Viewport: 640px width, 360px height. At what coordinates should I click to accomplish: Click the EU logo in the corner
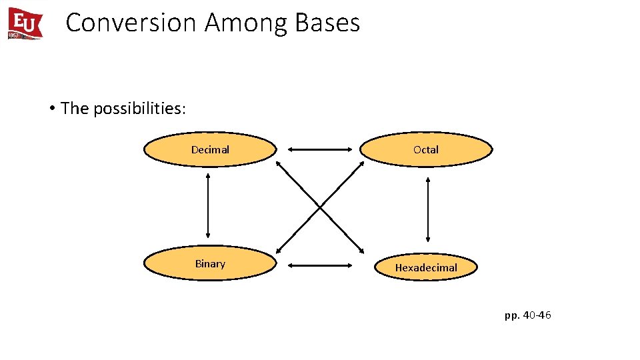(x=25, y=23)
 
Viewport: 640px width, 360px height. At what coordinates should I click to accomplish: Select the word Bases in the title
(x=327, y=23)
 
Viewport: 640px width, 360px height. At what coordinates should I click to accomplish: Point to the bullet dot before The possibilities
(x=51, y=108)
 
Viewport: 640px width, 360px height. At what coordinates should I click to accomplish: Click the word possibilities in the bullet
(x=138, y=109)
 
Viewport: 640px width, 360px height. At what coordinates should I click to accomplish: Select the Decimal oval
(x=210, y=149)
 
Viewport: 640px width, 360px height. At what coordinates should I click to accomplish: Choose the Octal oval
(x=426, y=149)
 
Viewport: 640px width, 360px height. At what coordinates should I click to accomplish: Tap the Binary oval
(x=210, y=264)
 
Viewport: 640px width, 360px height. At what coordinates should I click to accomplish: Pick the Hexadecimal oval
(x=426, y=267)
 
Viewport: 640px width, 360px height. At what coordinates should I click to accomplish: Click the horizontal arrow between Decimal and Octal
(x=319, y=150)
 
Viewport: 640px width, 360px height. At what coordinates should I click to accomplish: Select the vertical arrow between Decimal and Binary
(x=209, y=205)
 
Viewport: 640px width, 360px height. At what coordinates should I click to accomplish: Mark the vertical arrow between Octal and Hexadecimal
(x=427, y=209)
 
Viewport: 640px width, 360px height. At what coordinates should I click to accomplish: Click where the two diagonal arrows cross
(x=320, y=207)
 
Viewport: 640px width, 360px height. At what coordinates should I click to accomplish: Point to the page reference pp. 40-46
(x=527, y=315)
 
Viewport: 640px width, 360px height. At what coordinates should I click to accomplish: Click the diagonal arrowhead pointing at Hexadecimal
(x=361, y=251)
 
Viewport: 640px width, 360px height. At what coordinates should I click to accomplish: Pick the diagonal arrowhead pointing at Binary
(x=279, y=250)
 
